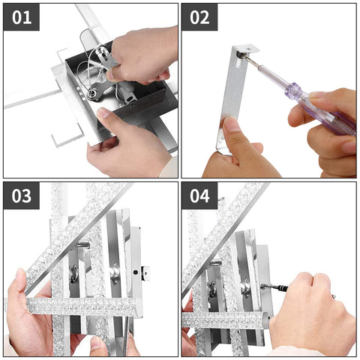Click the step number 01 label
point(22,17)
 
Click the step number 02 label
point(199,17)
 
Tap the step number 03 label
point(22,196)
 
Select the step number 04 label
point(199,196)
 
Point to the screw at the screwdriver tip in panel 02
point(240,55)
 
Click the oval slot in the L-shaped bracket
point(239,65)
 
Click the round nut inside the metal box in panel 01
point(91,94)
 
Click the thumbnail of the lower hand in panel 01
point(103,112)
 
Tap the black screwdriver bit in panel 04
point(274,287)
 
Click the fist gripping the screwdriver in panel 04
point(313,310)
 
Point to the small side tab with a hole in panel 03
point(145,273)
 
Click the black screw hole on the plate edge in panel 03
point(135,271)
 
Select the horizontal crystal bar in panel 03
point(82,306)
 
